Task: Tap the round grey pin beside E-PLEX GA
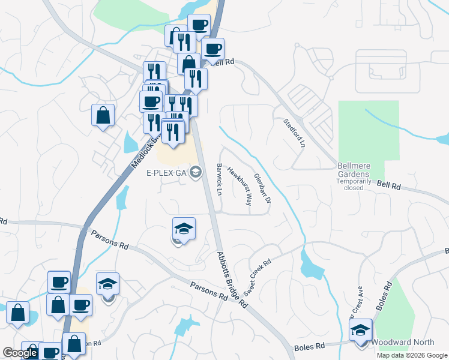point(194,173)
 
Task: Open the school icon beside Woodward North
point(361,331)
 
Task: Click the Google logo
point(20,353)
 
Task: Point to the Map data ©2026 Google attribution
point(411,355)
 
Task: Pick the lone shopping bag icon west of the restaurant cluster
point(103,115)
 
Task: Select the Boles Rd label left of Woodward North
point(310,347)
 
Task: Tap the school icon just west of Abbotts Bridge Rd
point(184,229)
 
